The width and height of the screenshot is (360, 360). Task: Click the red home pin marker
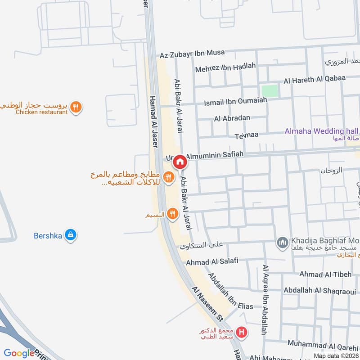pos(180,162)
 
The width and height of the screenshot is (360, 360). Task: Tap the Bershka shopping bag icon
pos(70,235)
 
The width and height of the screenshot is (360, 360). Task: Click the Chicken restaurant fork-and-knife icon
pos(76,108)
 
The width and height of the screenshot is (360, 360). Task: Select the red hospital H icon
pos(242,333)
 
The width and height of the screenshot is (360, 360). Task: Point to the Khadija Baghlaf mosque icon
pos(282,243)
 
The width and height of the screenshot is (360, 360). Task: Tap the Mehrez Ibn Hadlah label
pos(225,67)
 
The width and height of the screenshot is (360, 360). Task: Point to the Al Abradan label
pos(232,119)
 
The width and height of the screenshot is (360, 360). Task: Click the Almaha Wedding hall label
pos(321,131)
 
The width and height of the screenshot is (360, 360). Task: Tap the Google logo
pos(19,353)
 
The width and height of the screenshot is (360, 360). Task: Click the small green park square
pos(270,90)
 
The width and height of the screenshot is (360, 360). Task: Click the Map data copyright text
pos(336,355)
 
